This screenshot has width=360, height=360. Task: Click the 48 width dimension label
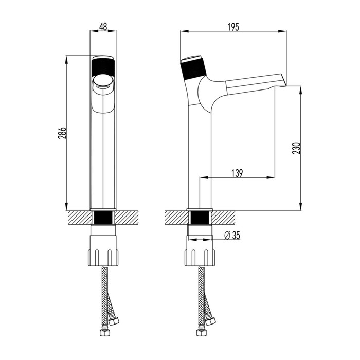103,27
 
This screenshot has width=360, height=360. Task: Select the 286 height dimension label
62,133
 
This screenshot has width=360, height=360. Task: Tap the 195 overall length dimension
233,27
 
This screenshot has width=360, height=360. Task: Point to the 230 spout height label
296,148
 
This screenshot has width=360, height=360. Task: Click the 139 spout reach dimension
237,173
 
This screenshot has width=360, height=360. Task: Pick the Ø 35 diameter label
232,235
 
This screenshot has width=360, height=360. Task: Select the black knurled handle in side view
193,68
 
